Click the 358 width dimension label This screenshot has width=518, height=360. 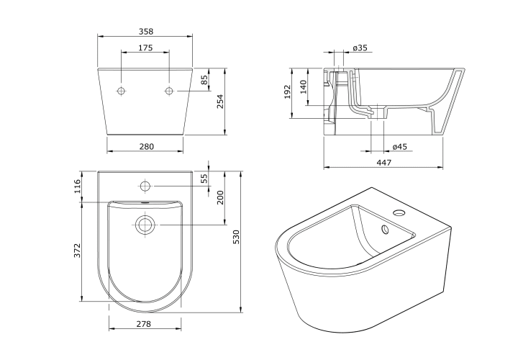(x=145, y=32)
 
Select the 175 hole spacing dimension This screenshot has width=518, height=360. (x=145, y=48)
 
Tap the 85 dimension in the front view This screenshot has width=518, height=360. (x=204, y=80)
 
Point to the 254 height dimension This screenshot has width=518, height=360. (x=220, y=102)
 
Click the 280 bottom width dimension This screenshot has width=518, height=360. (x=145, y=146)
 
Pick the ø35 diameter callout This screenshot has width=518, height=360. (x=360, y=48)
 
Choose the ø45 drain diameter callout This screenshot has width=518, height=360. (x=400, y=146)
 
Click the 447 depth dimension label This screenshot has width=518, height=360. (x=384, y=162)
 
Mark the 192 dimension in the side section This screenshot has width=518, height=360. (x=287, y=92)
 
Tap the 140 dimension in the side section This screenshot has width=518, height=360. (x=304, y=87)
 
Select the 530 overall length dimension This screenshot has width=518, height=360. (x=236, y=237)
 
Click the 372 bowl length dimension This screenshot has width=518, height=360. (x=77, y=251)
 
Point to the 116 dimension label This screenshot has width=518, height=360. (x=77, y=186)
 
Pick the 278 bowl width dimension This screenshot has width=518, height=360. (x=144, y=323)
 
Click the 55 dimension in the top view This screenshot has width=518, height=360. (x=204, y=179)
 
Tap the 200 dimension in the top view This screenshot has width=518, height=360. (x=220, y=197)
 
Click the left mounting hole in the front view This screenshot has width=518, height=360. (x=122, y=91)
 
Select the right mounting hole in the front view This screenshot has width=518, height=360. (x=170, y=91)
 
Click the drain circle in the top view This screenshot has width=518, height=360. (x=145, y=225)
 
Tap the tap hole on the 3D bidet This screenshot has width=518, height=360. (x=399, y=212)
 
